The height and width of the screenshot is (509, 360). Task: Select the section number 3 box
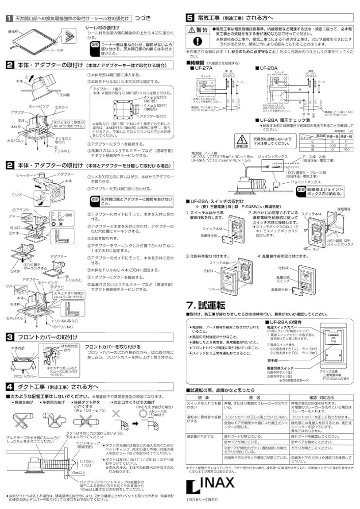[10, 337]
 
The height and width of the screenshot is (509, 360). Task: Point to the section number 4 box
[10, 386]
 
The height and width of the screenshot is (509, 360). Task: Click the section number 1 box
[10, 18]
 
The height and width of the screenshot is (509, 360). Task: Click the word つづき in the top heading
[140, 18]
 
